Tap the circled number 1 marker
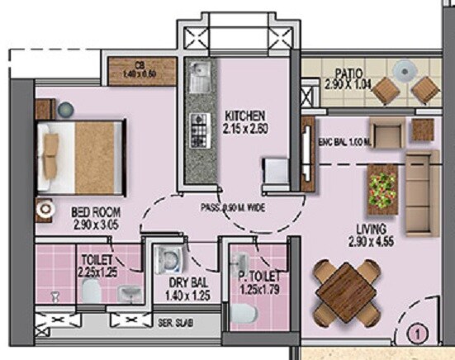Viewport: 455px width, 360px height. coord(419,335)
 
